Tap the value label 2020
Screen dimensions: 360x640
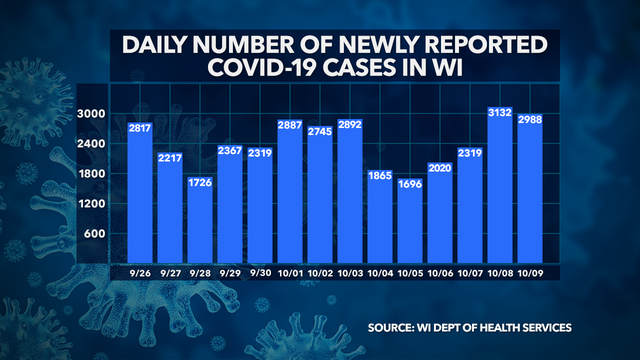click(x=439, y=169)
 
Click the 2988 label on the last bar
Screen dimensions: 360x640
click(x=529, y=120)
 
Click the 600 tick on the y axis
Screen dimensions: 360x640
click(x=97, y=234)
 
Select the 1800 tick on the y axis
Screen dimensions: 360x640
click(x=94, y=174)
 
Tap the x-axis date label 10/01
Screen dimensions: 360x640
click(x=289, y=272)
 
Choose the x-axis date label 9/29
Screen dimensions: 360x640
click(x=229, y=272)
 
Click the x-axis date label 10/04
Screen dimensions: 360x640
click(x=379, y=272)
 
